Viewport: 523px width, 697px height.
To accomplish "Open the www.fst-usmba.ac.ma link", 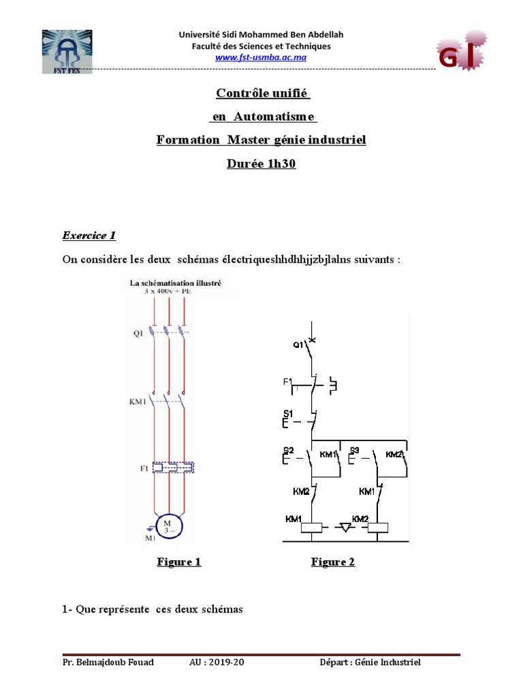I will (x=261, y=57).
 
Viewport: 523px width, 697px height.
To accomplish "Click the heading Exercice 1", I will (x=89, y=236).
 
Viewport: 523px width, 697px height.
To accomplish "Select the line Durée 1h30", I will (x=261, y=164).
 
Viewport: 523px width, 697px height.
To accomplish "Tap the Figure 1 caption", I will (x=179, y=562).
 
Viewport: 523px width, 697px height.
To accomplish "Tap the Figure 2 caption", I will (x=333, y=562).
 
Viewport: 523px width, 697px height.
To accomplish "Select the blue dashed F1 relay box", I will (x=173, y=468).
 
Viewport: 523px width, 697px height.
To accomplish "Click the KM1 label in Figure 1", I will (x=138, y=402).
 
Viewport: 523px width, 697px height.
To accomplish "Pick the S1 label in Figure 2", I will (x=287, y=413).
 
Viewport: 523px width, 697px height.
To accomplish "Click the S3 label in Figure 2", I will (x=354, y=451).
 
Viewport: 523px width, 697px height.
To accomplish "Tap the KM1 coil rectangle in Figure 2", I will (x=312, y=528).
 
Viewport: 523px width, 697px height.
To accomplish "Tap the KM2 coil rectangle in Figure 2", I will (x=377, y=528).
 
